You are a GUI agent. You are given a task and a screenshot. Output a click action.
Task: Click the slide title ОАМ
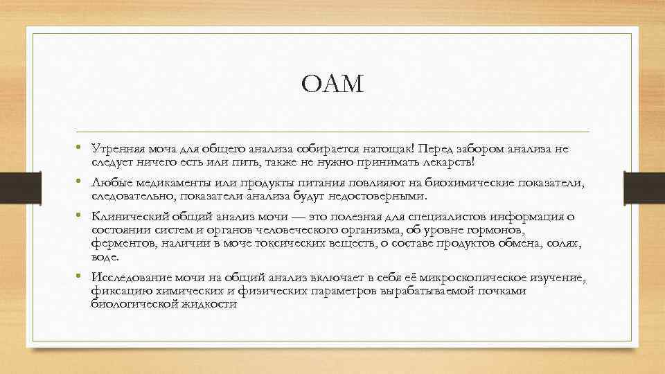pyautogui.click(x=332, y=85)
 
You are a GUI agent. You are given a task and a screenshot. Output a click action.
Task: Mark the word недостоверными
pyautogui.click(x=380, y=195)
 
